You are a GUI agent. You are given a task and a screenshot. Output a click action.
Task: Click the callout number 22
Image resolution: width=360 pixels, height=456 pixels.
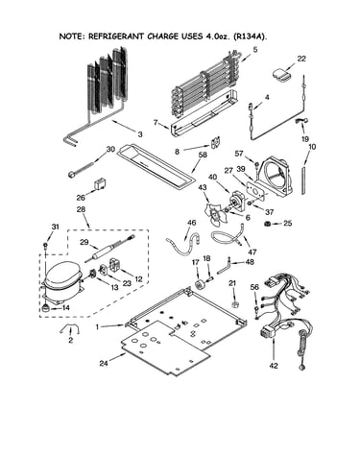point(301,59)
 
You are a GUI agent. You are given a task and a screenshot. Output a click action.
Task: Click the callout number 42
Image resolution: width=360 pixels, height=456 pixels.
point(274,366)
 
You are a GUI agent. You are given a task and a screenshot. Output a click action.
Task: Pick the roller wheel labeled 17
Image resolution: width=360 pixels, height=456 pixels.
point(200,284)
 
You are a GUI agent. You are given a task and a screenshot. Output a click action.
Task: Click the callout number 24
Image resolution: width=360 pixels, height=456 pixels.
point(104,363)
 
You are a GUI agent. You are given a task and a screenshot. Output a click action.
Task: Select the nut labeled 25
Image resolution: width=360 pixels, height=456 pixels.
point(266,224)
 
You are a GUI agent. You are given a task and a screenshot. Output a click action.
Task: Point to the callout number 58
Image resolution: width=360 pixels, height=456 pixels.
point(203,155)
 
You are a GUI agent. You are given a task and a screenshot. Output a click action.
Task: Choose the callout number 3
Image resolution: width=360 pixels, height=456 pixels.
point(140,134)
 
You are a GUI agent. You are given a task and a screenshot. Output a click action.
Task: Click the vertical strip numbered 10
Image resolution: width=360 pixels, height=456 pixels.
point(302,180)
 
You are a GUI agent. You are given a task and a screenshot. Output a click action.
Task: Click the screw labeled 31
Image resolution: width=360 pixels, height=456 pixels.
point(46,246)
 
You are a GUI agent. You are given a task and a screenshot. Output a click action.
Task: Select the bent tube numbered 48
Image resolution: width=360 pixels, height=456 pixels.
point(224,266)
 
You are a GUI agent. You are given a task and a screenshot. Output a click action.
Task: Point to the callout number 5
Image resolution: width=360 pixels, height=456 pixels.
point(254,50)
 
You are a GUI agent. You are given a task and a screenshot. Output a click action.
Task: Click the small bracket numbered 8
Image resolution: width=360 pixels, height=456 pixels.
point(216,143)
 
